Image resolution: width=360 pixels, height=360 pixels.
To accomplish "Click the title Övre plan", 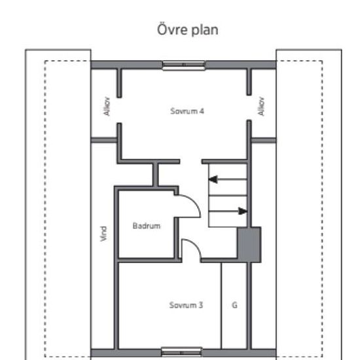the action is point(188,30).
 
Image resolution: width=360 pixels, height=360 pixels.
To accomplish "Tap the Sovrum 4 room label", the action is point(187,111).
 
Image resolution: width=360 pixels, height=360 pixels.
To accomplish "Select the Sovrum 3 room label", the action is point(186,305).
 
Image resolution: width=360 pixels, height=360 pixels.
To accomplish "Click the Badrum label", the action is point(147,226).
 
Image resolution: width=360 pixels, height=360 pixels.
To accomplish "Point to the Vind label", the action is point(103,234).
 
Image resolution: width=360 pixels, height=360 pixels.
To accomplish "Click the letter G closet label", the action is point(234,305).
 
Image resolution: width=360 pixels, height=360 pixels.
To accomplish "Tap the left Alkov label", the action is point(107,106).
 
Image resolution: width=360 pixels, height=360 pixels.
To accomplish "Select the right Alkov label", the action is point(261,106).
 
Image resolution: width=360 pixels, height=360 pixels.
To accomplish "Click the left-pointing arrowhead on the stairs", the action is point(213,179).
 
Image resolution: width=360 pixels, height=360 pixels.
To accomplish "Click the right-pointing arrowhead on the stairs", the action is point(243,211).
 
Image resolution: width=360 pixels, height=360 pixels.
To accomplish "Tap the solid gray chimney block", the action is point(249,245).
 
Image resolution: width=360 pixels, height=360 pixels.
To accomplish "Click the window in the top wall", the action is point(184,65).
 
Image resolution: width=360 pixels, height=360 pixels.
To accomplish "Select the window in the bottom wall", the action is point(181,352).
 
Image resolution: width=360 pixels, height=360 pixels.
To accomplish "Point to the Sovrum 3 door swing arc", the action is point(196,245).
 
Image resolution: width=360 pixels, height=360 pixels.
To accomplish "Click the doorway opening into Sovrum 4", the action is point(190,162).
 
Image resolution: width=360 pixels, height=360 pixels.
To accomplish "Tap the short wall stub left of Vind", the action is point(104,140).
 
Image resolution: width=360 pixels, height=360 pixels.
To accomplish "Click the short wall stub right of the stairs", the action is point(264,140).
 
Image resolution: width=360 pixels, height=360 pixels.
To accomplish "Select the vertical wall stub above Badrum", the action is point(156,175).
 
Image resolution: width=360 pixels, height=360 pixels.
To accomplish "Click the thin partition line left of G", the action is point(221,306).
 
